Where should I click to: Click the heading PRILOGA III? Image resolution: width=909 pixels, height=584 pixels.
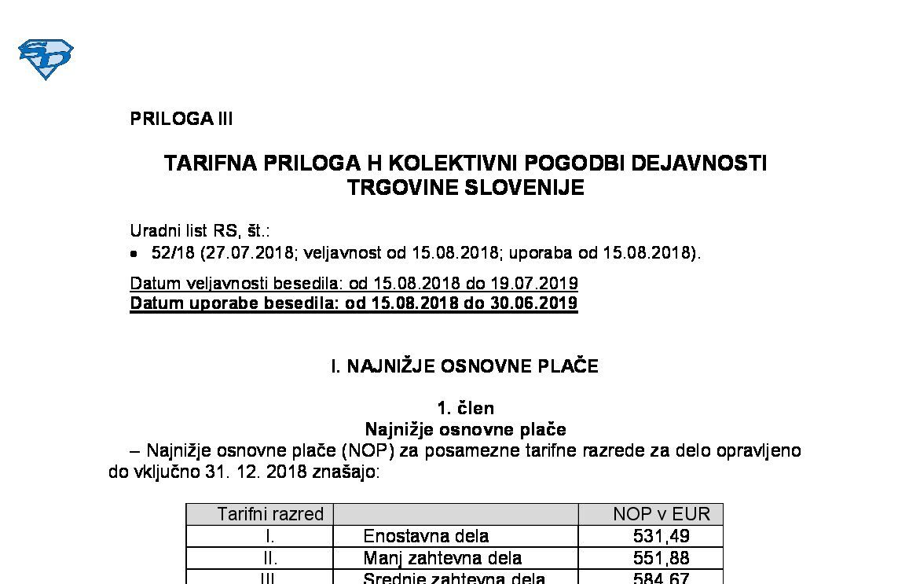pos(181,119)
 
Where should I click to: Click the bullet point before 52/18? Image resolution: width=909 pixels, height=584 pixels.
pos(134,254)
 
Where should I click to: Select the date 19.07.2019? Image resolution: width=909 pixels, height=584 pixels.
pos(539,283)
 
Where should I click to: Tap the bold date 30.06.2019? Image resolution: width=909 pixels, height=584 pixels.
pos(538,303)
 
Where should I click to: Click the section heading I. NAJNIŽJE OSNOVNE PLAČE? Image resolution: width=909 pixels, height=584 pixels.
pos(464,366)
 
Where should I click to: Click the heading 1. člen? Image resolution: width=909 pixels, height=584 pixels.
pos(465,408)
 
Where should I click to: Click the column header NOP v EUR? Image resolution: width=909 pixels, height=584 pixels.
pos(661,514)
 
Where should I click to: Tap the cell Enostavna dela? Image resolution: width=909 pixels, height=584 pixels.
pos(426,536)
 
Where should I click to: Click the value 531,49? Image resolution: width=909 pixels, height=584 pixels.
pos(661,536)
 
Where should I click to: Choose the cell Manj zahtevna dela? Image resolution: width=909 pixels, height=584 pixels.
pos(442,558)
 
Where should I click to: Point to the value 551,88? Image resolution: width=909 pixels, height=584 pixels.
pos(661,558)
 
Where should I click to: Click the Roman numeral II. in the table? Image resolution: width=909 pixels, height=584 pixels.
pos(269,558)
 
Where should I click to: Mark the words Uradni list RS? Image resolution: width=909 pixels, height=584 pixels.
pos(178,231)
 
